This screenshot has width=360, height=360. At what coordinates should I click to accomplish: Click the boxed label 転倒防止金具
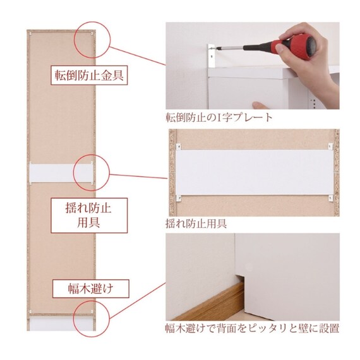89,75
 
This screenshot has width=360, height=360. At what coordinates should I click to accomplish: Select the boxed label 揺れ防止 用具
89,215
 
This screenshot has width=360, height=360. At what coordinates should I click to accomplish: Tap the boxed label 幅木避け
91,289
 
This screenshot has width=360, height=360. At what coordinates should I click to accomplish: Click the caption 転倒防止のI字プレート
219,117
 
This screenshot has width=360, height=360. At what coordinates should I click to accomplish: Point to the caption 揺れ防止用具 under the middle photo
196,224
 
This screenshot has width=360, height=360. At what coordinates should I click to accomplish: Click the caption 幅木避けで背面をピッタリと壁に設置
253,328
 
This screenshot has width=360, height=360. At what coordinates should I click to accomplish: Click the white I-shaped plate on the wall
212,56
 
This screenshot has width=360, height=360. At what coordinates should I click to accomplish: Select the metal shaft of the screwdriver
231,48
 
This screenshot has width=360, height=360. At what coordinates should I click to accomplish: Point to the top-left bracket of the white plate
178,147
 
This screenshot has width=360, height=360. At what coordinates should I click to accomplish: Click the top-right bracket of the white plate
330,146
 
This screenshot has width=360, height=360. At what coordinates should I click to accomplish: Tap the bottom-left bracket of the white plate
178,198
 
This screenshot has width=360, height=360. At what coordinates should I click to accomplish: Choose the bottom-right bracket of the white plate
330,198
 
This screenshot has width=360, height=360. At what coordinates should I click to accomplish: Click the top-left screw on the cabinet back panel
30,34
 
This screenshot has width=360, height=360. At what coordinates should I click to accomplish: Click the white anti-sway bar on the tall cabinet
61,173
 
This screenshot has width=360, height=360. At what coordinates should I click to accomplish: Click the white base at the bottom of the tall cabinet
61,324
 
